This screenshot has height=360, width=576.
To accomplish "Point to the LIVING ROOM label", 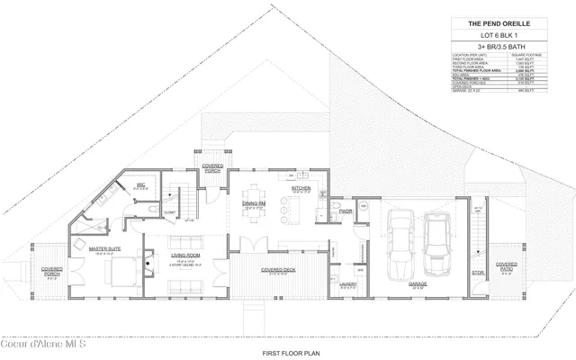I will tap(186, 256).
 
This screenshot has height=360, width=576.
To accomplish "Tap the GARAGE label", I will tap(418, 283).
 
